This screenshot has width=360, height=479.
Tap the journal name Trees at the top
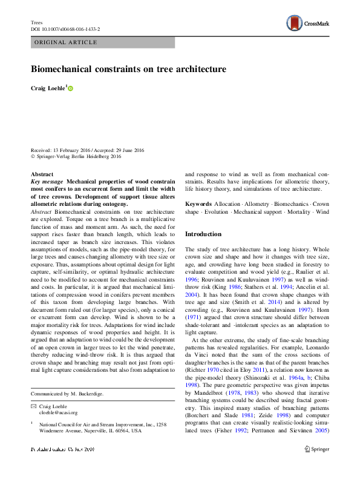point(37,22)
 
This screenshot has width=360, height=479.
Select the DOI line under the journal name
point(65,29)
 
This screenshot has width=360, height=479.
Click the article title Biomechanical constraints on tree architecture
point(128,69)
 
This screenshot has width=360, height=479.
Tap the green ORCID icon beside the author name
point(71,88)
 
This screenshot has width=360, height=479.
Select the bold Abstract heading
point(42,174)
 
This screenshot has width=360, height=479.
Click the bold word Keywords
point(198,204)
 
